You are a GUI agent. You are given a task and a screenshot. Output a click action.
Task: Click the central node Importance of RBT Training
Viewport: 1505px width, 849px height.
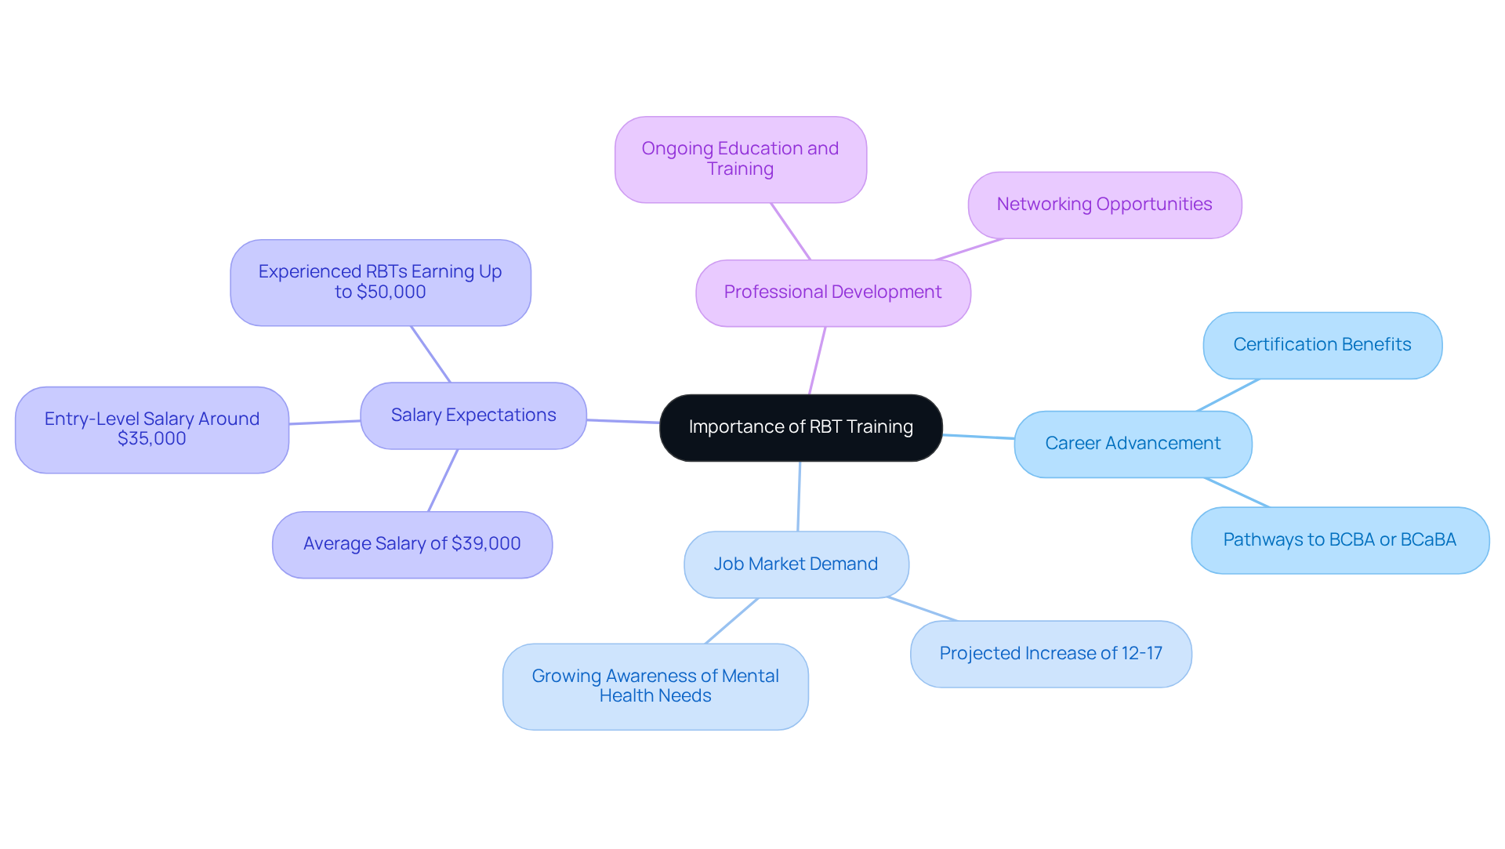[x=800, y=427]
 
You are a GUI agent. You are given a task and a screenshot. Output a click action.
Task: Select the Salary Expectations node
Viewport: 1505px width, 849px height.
[x=473, y=415]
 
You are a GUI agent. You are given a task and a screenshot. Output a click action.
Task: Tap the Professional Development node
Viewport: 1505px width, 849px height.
[x=832, y=292]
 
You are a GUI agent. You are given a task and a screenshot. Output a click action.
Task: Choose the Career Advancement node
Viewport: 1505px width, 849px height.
[x=1133, y=444]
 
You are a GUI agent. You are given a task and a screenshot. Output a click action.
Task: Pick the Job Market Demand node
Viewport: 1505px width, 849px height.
[x=796, y=564]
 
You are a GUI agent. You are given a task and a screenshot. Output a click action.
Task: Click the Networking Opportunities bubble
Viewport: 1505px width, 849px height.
[x=1104, y=205]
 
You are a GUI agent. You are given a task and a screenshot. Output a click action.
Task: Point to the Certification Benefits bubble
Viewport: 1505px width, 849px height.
[x=1322, y=345]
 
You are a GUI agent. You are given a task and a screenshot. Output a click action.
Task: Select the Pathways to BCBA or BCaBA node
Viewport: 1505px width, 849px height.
[x=1340, y=540]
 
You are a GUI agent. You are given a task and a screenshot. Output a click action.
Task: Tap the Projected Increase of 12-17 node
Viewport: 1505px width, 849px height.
[x=1050, y=654]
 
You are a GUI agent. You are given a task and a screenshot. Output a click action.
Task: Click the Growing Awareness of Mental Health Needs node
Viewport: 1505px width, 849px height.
[x=655, y=686]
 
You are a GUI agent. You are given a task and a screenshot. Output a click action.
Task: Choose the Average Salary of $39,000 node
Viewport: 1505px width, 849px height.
[x=412, y=544]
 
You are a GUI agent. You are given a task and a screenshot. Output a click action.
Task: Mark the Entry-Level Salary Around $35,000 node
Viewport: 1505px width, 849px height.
[x=152, y=429]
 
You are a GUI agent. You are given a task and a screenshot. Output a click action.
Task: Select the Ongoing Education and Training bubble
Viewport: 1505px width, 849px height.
[x=740, y=159]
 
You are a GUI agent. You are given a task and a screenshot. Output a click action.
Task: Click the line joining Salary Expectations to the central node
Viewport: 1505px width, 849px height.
[x=623, y=422]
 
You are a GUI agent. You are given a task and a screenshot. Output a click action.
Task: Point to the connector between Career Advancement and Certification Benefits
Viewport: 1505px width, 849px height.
[x=1228, y=395]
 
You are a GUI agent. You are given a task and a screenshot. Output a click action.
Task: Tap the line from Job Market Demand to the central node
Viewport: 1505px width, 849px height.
[x=799, y=496]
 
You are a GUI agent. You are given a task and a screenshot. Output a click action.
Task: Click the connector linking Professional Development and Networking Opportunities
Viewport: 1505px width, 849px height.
[x=970, y=249]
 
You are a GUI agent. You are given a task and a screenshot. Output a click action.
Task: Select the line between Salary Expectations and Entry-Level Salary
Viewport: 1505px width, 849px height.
[x=325, y=423]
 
